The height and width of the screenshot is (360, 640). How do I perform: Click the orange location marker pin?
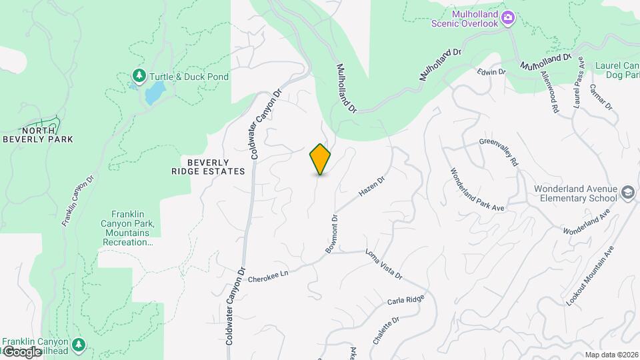320,159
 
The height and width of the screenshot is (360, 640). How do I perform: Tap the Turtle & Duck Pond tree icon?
139,76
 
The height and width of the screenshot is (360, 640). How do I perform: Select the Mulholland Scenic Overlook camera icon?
509,17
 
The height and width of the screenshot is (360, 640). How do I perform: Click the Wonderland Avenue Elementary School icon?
627,193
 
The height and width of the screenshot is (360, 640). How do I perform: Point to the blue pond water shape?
153,93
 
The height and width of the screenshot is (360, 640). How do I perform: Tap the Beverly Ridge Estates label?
207,167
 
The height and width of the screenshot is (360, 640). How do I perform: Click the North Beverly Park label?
37,135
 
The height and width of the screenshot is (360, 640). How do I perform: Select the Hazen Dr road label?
372,186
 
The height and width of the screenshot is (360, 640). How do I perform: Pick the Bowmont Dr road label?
332,233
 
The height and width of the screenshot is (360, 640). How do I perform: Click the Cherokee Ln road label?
271,274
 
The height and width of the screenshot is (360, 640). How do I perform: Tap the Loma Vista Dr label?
383,264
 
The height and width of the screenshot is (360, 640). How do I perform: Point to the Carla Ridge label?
405,301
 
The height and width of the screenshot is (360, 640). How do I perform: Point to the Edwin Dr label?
492,71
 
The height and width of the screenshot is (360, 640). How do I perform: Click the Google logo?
21,351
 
